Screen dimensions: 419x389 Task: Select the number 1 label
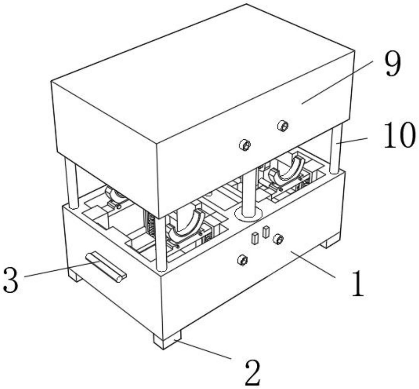tap(357, 284)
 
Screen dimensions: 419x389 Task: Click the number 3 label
tap(11, 280)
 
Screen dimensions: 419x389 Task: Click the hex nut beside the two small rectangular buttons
tap(278, 239)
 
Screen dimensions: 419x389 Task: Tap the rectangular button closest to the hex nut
tap(266, 232)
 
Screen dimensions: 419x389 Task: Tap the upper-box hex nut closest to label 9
tap(283, 126)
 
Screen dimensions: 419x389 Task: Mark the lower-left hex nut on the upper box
tap(245, 145)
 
